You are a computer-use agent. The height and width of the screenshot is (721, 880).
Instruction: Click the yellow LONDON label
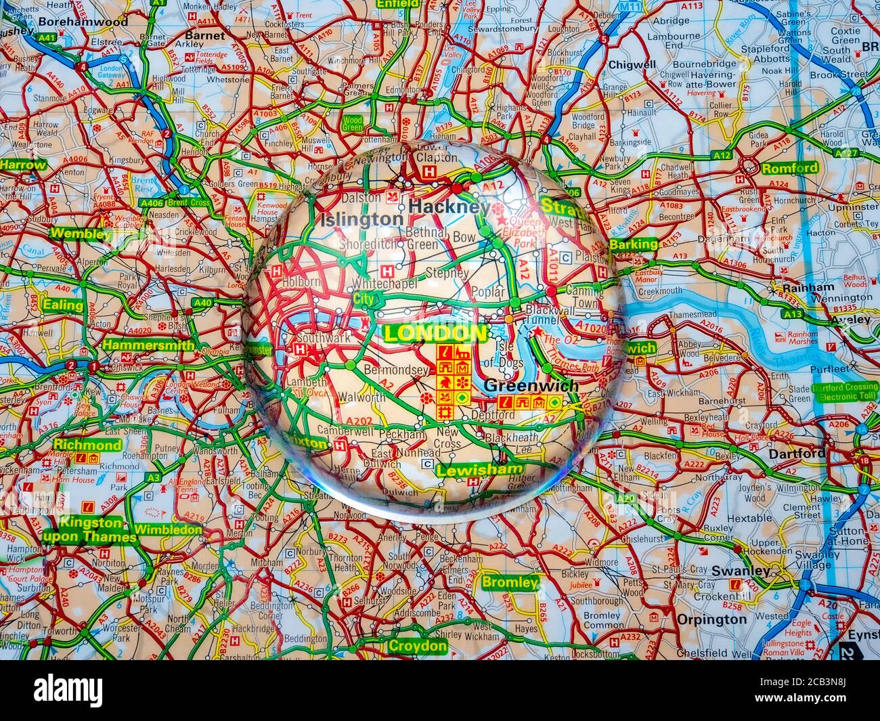point(435,332)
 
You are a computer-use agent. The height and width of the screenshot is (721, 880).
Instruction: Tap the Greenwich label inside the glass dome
point(532,386)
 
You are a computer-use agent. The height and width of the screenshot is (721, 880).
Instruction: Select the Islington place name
point(361,219)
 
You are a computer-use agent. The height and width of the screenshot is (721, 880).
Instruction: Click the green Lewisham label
point(480,469)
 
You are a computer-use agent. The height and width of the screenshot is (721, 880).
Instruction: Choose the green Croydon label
point(417,646)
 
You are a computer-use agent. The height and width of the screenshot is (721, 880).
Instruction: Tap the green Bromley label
point(510,582)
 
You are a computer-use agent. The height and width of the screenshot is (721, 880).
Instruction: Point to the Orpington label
point(712,619)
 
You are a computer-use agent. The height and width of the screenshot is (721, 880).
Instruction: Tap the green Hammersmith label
point(149,345)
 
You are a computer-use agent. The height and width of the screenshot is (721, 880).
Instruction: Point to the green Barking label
point(633,244)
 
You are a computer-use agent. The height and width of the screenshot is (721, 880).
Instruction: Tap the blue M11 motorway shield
point(630,7)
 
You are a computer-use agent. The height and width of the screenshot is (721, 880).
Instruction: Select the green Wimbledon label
point(168,529)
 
